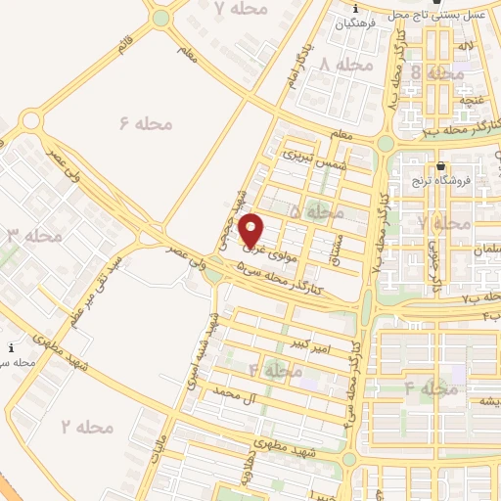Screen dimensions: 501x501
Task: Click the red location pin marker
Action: click(251, 230)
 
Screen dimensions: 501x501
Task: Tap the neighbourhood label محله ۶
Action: click(146, 123)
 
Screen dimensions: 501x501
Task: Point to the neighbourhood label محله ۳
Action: click(34, 236)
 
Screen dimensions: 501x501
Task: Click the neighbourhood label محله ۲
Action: click(87, 427)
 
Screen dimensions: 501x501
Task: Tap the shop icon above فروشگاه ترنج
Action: click(442, 165)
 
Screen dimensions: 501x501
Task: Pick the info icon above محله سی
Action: click(12, 347)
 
